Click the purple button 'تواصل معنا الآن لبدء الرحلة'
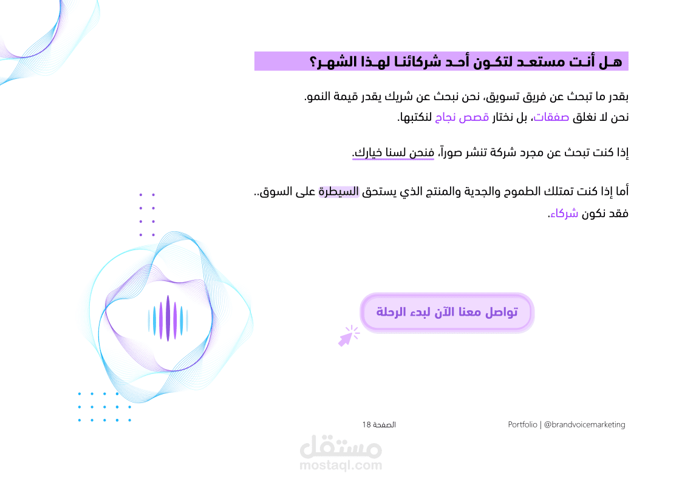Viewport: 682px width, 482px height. point(447,313)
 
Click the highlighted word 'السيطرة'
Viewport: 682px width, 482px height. point(339,192)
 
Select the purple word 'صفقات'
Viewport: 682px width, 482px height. point(551,117)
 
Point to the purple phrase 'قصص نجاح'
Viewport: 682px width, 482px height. point(462,117)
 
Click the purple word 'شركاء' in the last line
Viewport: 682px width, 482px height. point(564,214)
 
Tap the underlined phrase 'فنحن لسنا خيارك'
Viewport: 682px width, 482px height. point(393,152)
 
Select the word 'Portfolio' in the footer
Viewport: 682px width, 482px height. point(522,424)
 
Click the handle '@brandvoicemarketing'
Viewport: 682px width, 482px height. point(585,424)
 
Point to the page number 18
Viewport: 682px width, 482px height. point(366,424)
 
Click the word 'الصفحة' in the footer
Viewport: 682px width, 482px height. point(384,424)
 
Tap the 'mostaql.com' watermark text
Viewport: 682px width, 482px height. point(341,466)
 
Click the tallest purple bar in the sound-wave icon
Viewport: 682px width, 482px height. point(168,318)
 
